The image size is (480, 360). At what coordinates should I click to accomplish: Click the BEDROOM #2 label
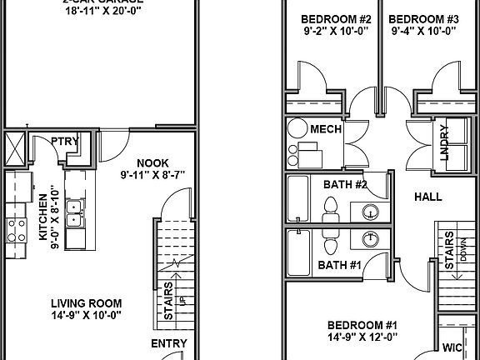click(331, 18)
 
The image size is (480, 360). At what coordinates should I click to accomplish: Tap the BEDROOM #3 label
click(423, 18)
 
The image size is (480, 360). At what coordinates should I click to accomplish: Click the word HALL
click(427, 197)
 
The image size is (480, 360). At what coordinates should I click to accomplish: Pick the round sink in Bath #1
click(370, 239)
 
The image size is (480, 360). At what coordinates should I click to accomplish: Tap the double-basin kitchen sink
click(73, 214)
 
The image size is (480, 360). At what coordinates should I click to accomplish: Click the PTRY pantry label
click(65, 141)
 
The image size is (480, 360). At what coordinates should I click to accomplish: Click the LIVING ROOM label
click(86, 303)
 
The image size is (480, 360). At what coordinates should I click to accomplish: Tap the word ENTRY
click(168, 343)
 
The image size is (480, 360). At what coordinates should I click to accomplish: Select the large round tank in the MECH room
click(298, 129)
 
